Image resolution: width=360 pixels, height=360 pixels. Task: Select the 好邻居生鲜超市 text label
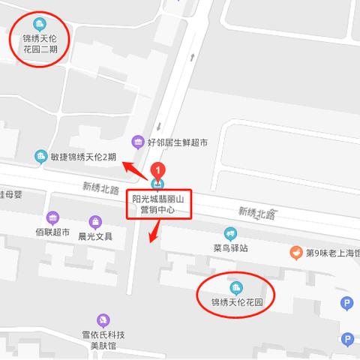(x=177, y=141)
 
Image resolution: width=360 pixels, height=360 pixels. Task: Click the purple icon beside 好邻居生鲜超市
(x=137, y=141)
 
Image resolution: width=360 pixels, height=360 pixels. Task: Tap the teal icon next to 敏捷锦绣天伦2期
(x=40, y=156)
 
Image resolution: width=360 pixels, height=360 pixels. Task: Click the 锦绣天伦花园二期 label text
(x=40, y=44)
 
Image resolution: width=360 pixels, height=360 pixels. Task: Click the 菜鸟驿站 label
(x=229, y=248)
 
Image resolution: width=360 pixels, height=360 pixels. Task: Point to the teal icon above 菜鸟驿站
(x=229, y=233)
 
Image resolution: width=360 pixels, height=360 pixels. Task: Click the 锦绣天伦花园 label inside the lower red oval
(x=236, y=303)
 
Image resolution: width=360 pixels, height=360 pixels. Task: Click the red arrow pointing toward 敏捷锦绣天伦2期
(x=134, y=169)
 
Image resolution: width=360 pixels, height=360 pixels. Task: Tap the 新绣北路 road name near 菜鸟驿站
(x=256, y=214)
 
